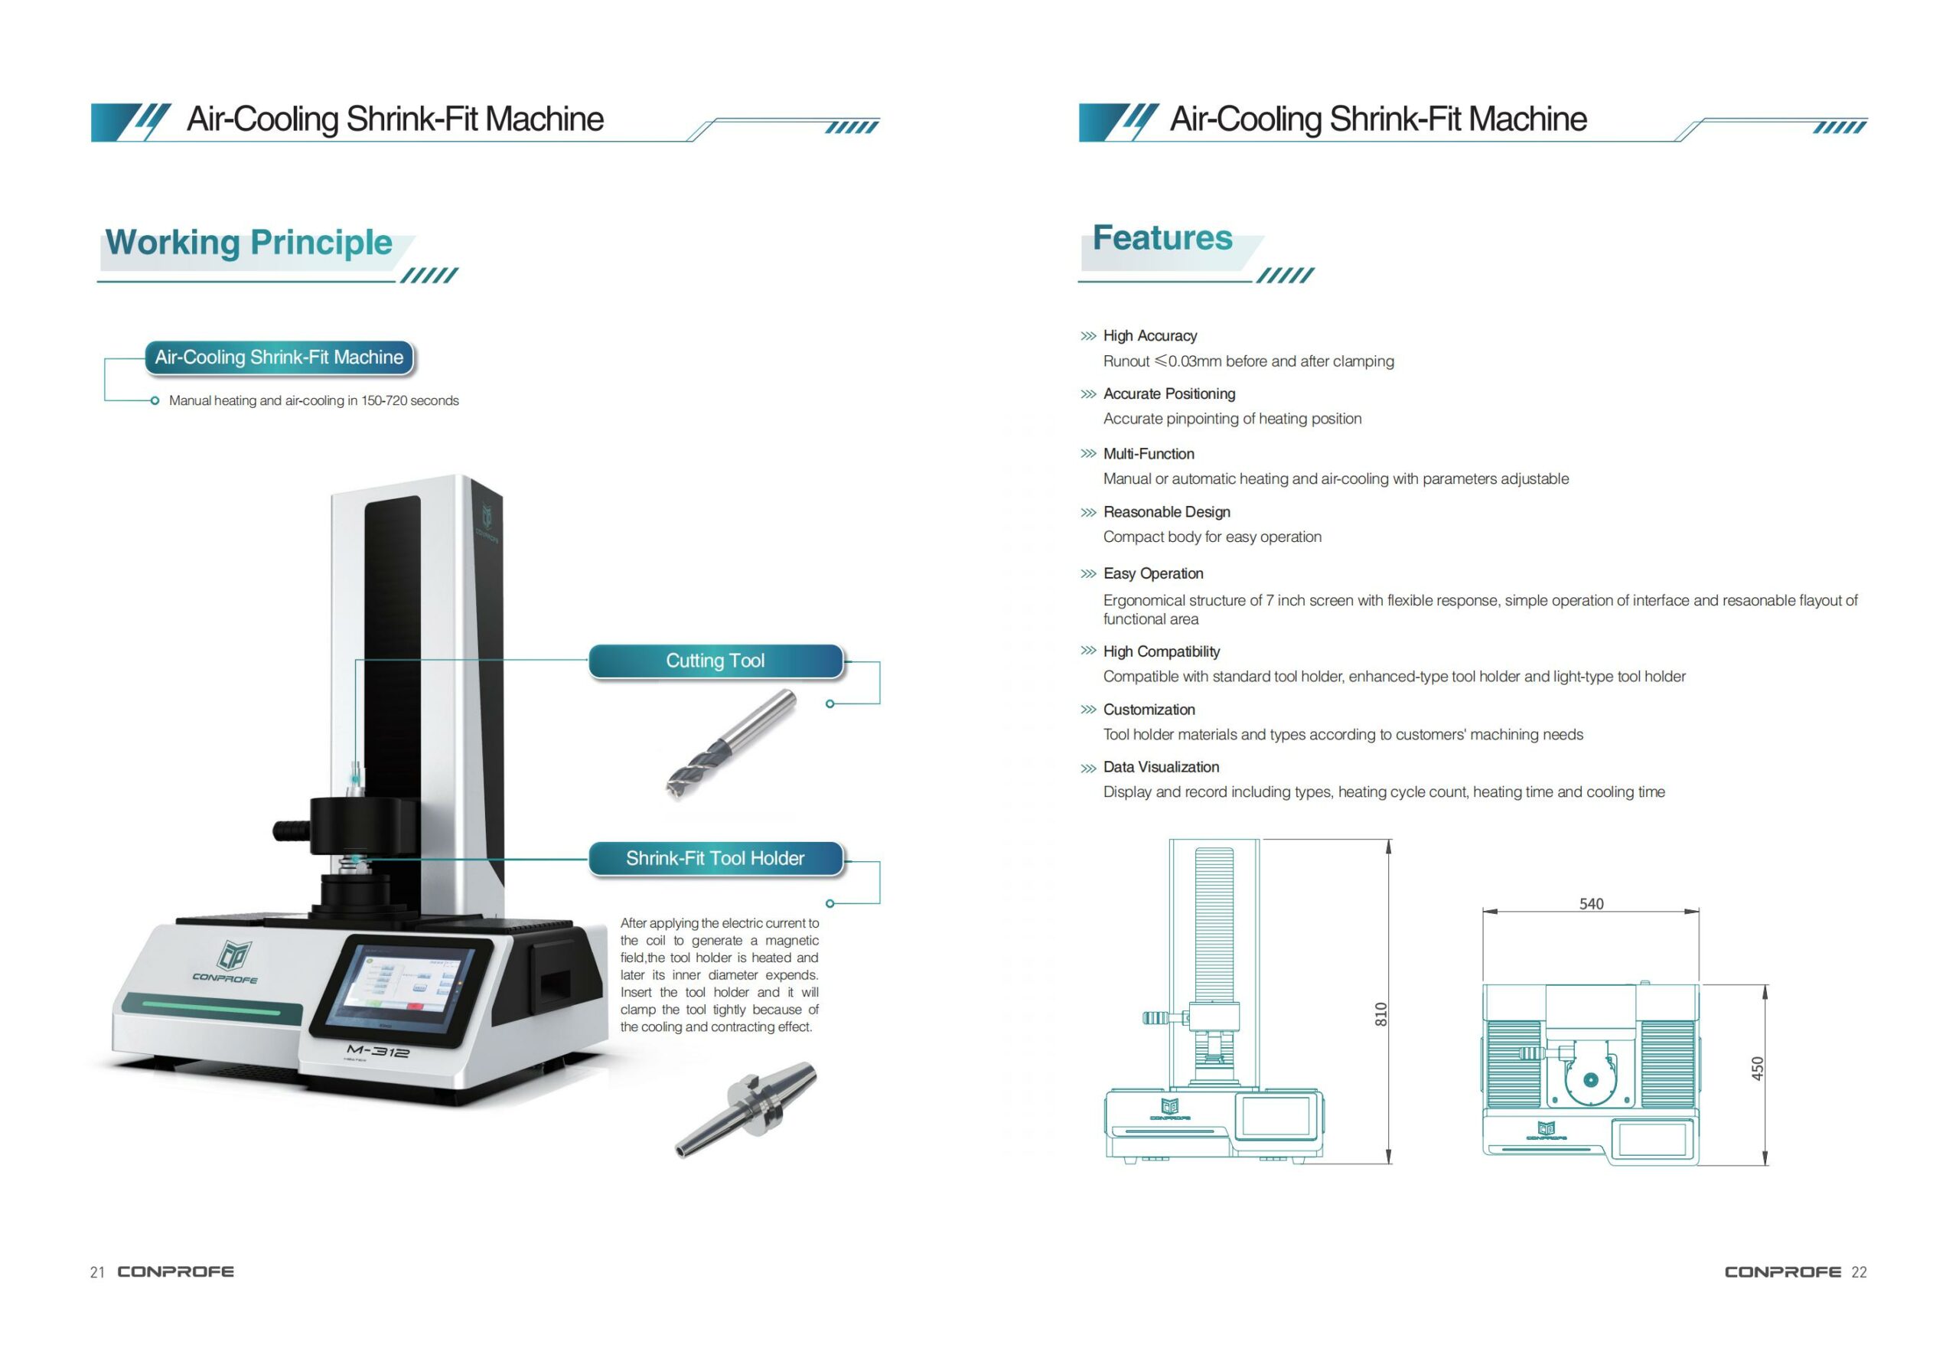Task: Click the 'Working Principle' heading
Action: (248, 242)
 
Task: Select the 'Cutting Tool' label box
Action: (715, 661)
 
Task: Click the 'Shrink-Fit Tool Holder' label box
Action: (715, 858)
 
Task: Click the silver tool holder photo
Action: (745, 1108)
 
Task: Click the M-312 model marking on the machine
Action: (378, 1052)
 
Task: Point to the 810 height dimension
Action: (1380, 1014)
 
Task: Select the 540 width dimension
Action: (1591, 904)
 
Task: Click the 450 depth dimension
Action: (1757, 1069)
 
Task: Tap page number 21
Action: (97, 1272)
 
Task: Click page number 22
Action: (1860, 1272)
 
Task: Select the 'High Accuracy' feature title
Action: (1149, 336)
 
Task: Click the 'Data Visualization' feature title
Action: (1160, 768)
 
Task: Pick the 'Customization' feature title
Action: (1149, 710)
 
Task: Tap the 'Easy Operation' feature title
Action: (1152, 574)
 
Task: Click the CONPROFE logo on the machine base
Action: (226, 962)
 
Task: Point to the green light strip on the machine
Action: (210, 1008)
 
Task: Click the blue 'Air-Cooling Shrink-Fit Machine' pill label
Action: (279, 357)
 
